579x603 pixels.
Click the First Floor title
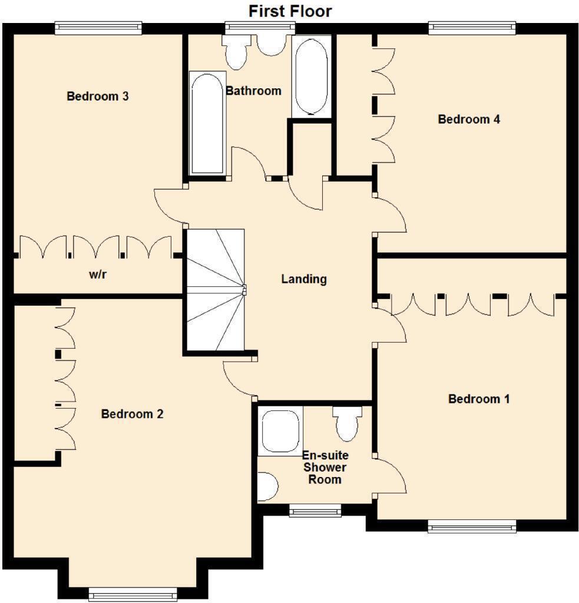pyautogui.click(x=290, y=11)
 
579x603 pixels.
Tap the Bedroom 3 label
pyautogui.click(x=98, y=96)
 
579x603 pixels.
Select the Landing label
pyautogui.click(x=304, y=279)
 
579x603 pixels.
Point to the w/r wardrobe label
pyautogui.click(x=98, y=274)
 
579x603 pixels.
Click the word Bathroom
pyautogui.click(x=253, y=91)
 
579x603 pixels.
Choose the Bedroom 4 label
pyautogui.click(x=469, y=119)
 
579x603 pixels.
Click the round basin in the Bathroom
pyautogui.click(x=272, y=45)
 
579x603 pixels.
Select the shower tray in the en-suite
pyautogui.click(x=280, y=431)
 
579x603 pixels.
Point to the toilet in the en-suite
pyautogui.click(x=348, y=423)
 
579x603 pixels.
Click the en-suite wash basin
pyautogui.click(x=267, y=486)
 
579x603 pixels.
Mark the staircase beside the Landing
pyautogui.click(x=216, y=290)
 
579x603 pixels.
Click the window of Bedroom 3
pyautogui.click(x=98, y=28)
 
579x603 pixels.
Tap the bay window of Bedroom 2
pyautogui.click(x=133, y=594)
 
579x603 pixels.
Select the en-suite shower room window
pyautogui.click(x=315, y=511)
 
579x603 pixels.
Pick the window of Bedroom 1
pyautogui.click(x=472, y=526)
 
